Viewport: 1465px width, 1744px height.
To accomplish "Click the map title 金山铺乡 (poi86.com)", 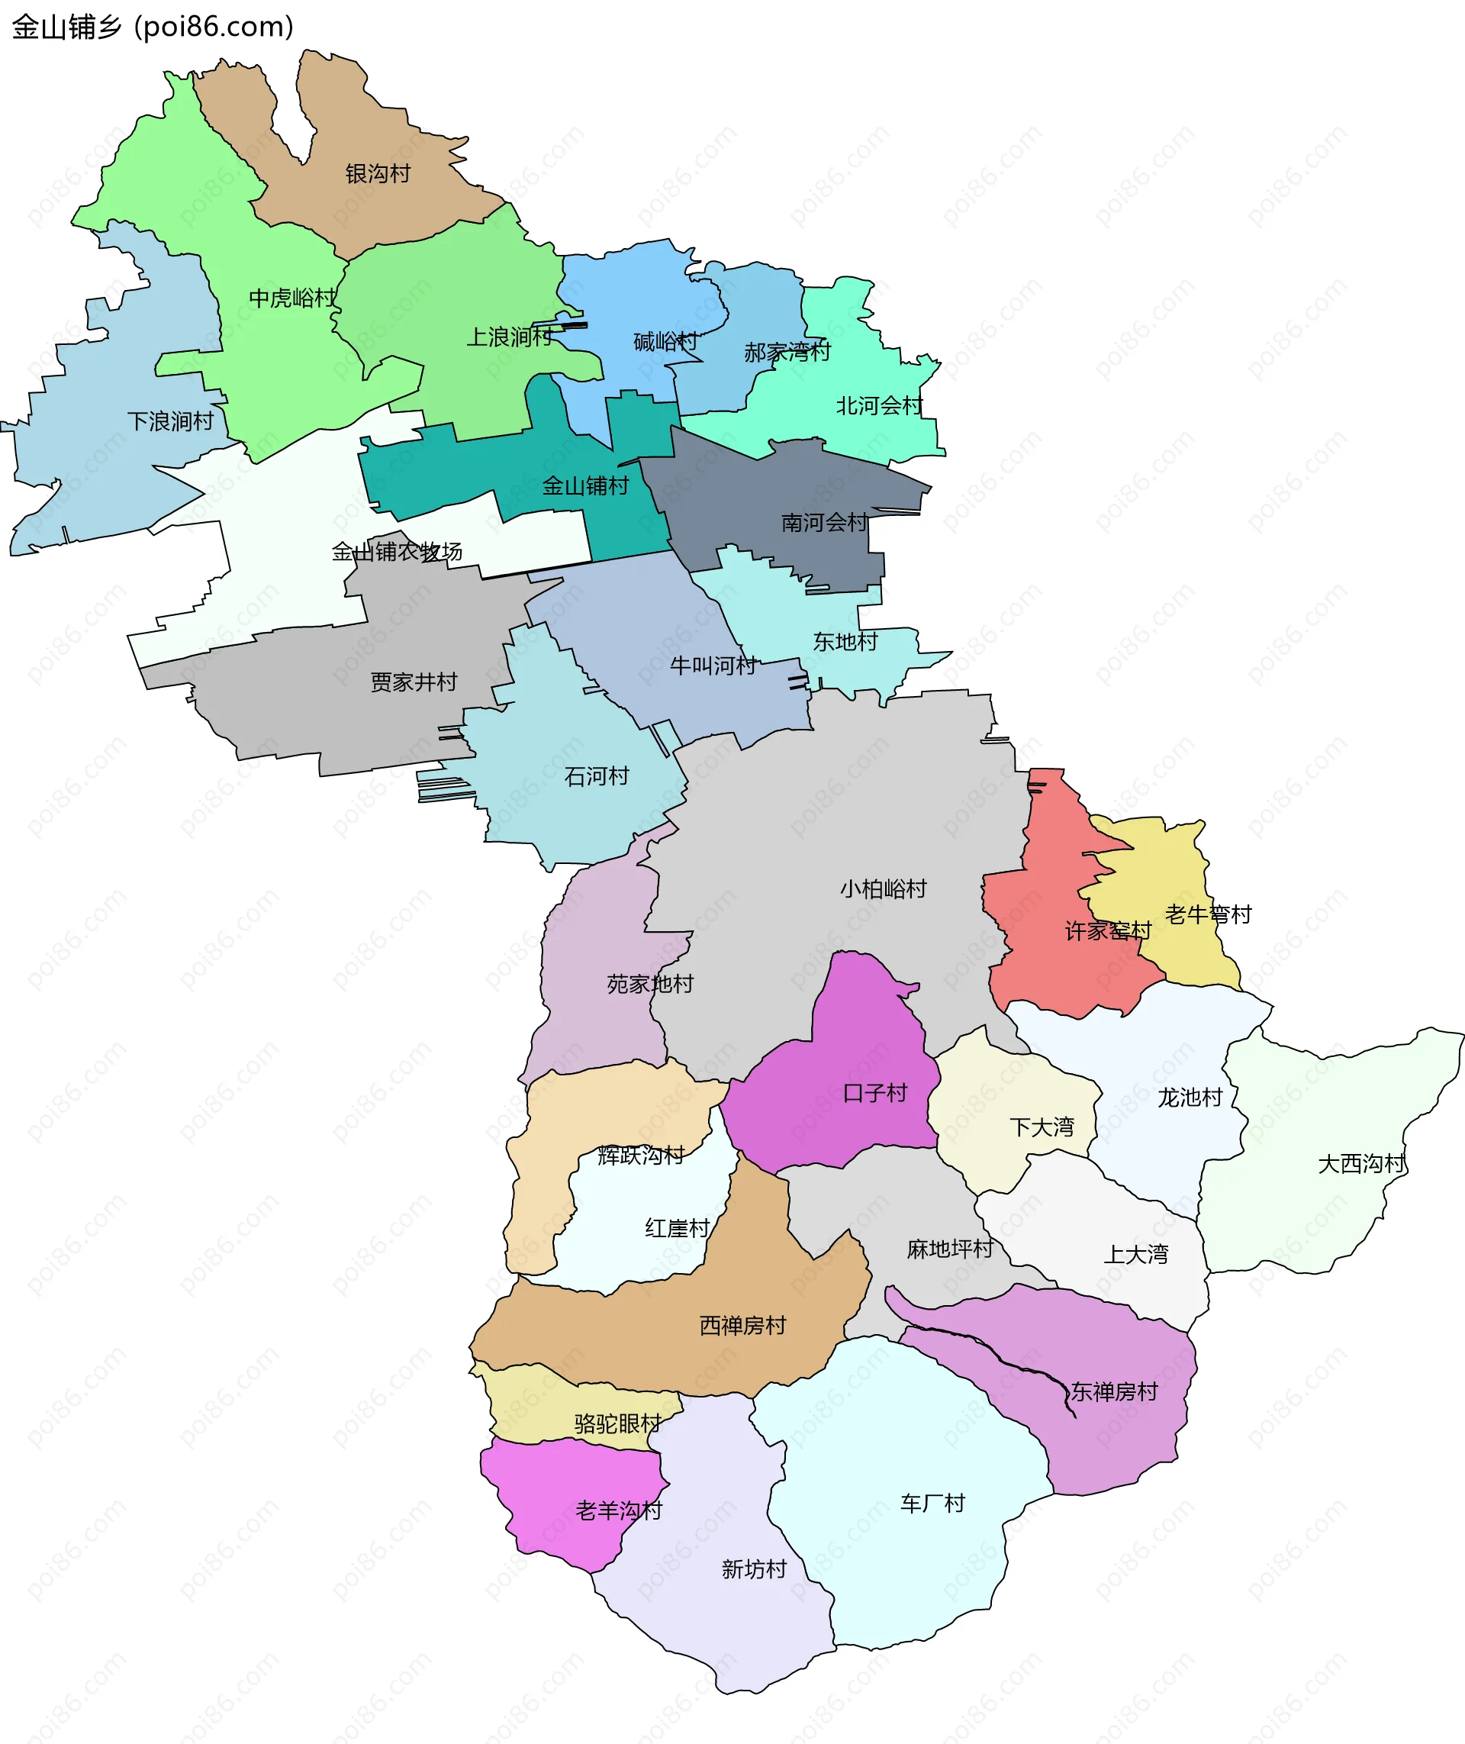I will [153, 27].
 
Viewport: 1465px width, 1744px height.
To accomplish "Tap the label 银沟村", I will [378, 174].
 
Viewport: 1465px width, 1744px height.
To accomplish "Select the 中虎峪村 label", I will [293, 298].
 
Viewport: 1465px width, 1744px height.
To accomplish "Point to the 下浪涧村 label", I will [170, 421].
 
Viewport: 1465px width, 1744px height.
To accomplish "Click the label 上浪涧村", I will [509, 337].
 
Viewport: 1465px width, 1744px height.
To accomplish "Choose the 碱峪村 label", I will [665, 340].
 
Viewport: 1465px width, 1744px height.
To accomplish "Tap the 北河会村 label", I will [879, 405].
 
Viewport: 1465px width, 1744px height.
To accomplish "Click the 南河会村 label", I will [824, 522].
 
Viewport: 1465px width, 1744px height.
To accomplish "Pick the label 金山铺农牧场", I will [397, 551].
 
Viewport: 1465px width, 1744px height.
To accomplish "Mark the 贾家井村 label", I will [414, 682].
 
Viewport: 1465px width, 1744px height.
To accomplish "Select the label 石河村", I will [596, 776].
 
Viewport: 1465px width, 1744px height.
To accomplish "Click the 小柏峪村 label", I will [883, 889].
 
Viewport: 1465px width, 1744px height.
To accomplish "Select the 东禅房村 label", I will [1114, 1391].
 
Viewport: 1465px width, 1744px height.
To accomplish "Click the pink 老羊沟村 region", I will [573, 1496].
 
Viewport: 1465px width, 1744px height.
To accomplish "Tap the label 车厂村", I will [932, 1503].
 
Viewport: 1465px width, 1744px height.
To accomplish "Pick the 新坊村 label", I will [754, 1568].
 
